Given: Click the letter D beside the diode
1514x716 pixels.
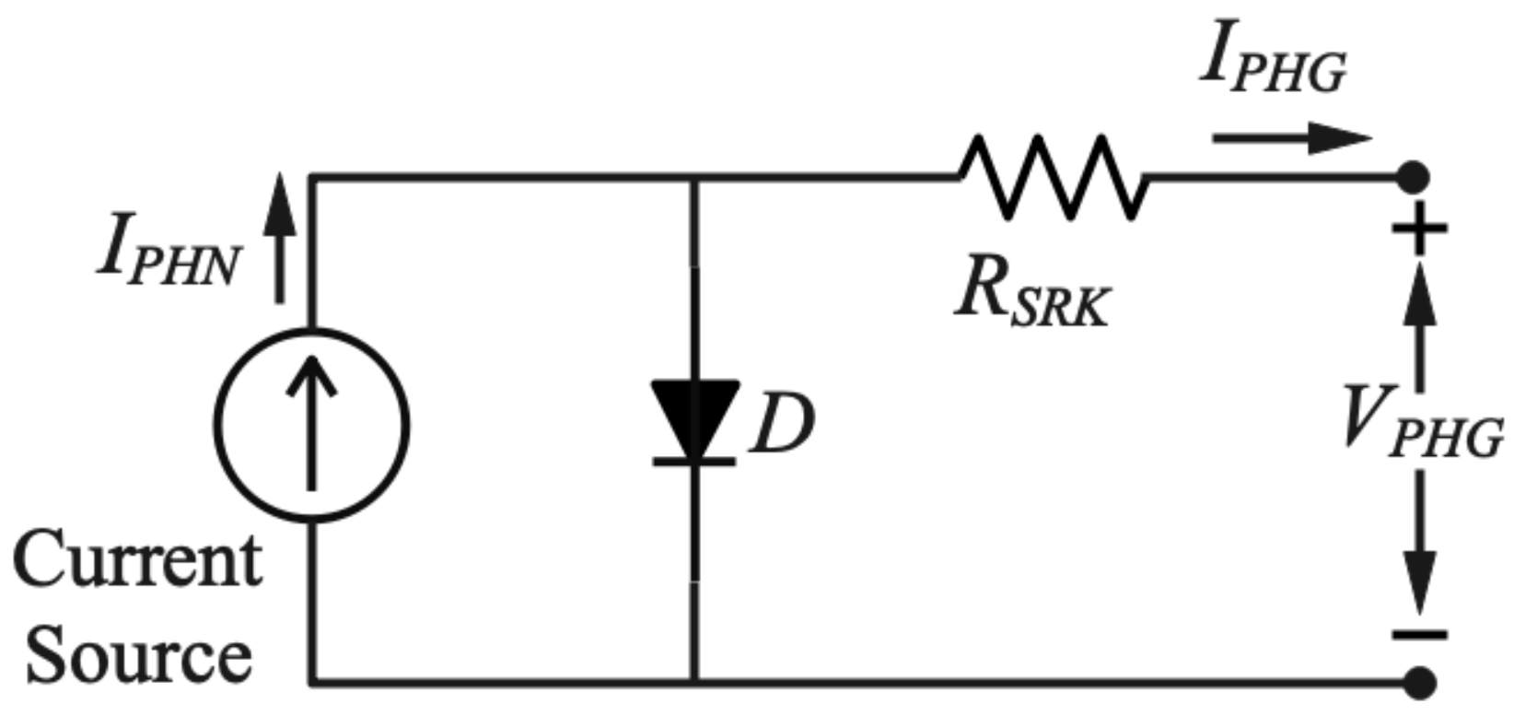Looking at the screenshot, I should click(781, 427).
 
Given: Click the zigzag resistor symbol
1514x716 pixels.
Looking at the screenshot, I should click(1053, 177).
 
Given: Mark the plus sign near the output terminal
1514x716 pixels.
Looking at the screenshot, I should click(1420, 229).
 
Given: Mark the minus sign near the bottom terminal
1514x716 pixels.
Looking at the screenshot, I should click(1420, 634).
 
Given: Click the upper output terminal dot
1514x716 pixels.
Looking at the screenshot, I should click(1414, 176).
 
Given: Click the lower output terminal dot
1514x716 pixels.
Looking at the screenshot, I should click(1421, 683).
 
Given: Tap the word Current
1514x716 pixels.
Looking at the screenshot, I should click(138, 560).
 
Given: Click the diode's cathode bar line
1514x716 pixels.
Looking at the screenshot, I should click(694, 460).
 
